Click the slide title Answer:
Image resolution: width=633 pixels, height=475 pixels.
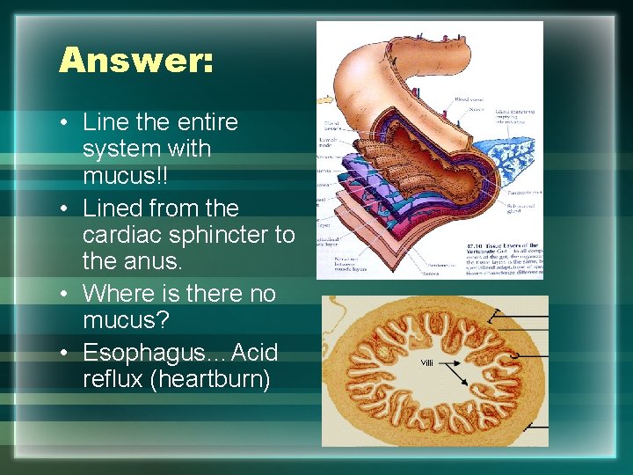coord(135,61)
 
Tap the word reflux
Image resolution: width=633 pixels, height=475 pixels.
coord(107,379)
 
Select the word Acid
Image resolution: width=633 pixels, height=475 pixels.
coord(254,353)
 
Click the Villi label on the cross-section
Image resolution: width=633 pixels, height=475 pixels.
coord(428,362)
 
